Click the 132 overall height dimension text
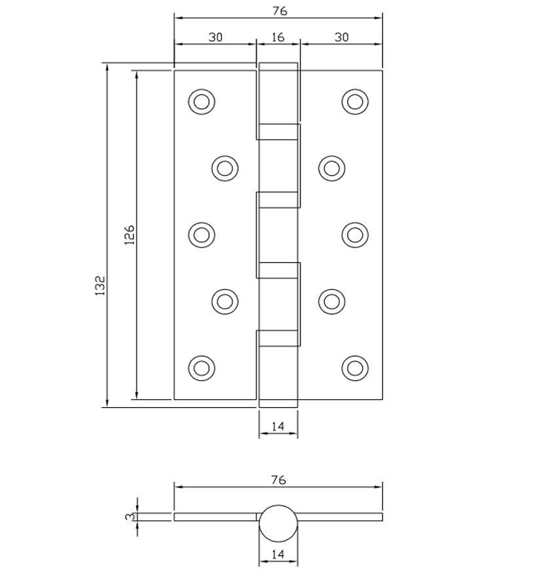[x=100, y=286]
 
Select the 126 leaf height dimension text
[x=129, y=235]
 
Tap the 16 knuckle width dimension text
[x=278, y=37]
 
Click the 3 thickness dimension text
[x=130, y=517]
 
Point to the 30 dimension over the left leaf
[x=215, y=37]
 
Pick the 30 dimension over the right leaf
[x=341, y=37]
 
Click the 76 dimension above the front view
[x=278, y=10]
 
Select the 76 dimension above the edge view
[x=278, y=480]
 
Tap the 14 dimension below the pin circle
[x=278, y=555]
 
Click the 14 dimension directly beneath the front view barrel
[x=278, y=427]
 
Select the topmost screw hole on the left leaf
[x=201, y=102]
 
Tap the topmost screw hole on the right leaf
[x=355, y=102]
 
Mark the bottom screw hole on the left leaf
[x=201, y=368]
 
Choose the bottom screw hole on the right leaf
[x=355, y=368]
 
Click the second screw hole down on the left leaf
[x=225, y=168]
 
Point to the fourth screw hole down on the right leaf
[x=332, y=301]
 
